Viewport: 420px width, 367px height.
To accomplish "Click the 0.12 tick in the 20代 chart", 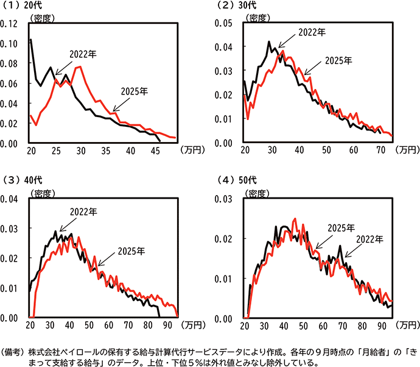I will click(x=11, y=24).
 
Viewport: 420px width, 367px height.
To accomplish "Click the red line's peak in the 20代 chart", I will click(x=79, y=66).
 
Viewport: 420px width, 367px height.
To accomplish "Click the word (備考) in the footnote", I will click(x=13, y=352).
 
